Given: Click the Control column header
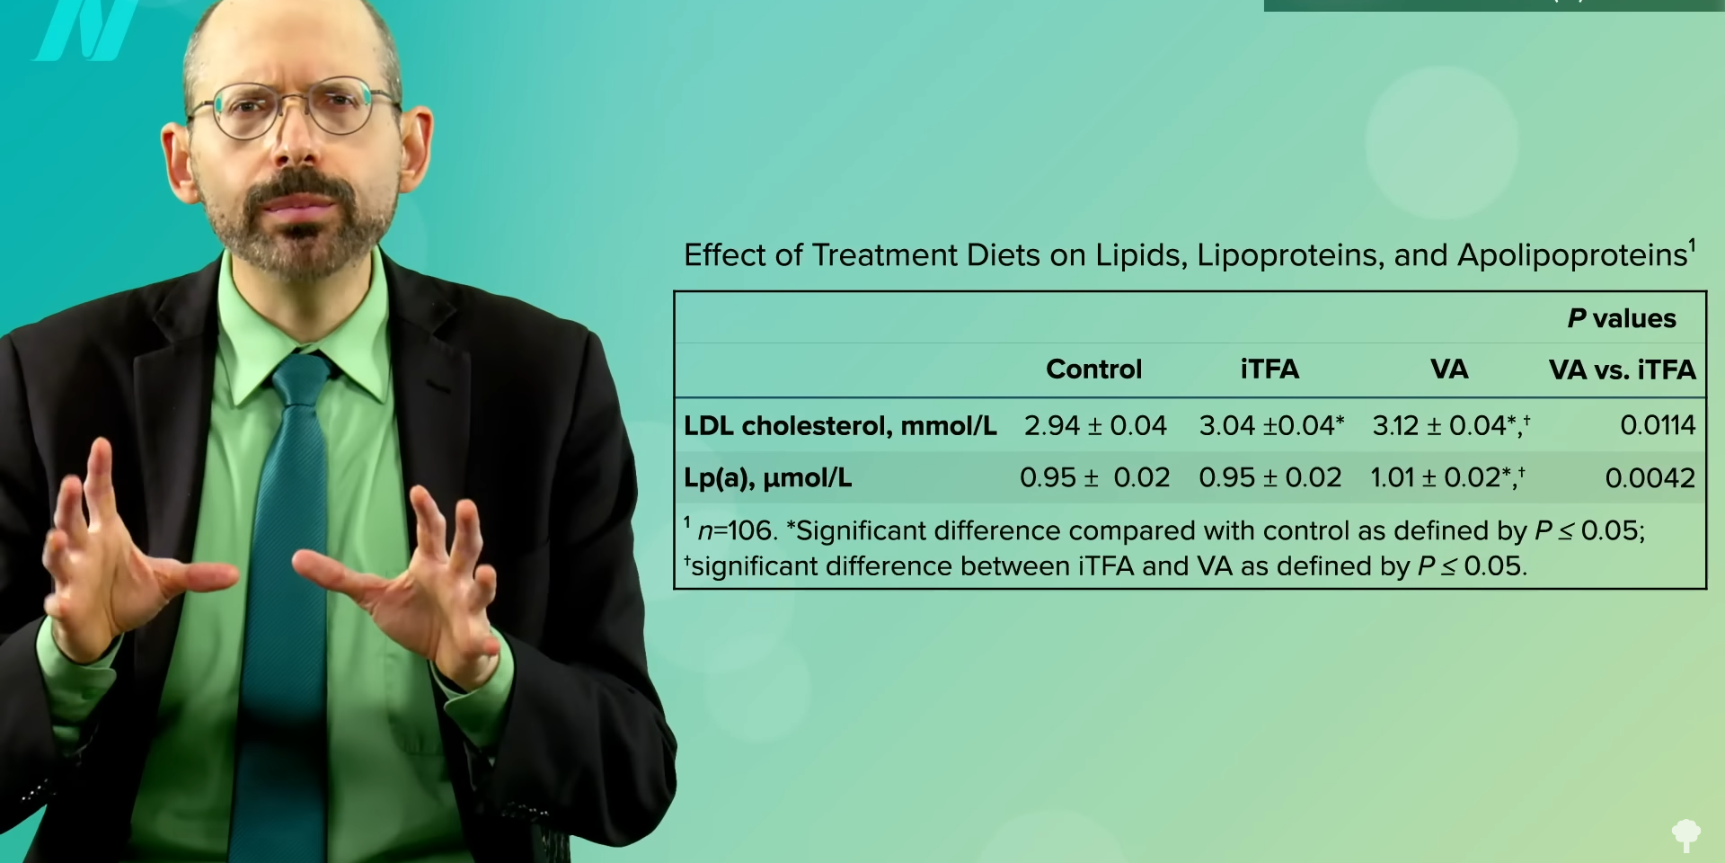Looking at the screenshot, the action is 1093,369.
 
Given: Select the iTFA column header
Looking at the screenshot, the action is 1269,369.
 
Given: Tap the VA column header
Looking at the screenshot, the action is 1449,369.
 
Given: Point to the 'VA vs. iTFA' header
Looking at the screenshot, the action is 1622,369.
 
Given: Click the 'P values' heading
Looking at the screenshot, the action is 1622,318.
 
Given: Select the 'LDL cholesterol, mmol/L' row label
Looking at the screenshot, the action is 840,425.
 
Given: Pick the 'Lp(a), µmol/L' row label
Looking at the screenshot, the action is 768,478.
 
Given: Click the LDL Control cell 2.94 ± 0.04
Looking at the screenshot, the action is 1095,425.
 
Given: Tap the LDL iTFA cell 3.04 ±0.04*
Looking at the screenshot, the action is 1271,425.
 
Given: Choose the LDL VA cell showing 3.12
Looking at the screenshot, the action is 1451,425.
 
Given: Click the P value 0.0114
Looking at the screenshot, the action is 1658,425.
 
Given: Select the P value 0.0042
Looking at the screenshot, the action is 1650,478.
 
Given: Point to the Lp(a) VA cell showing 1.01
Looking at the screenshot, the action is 1447,477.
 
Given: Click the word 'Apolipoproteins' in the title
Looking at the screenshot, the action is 1572,256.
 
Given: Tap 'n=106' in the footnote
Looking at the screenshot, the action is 737,530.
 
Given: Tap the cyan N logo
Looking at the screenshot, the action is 87,29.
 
